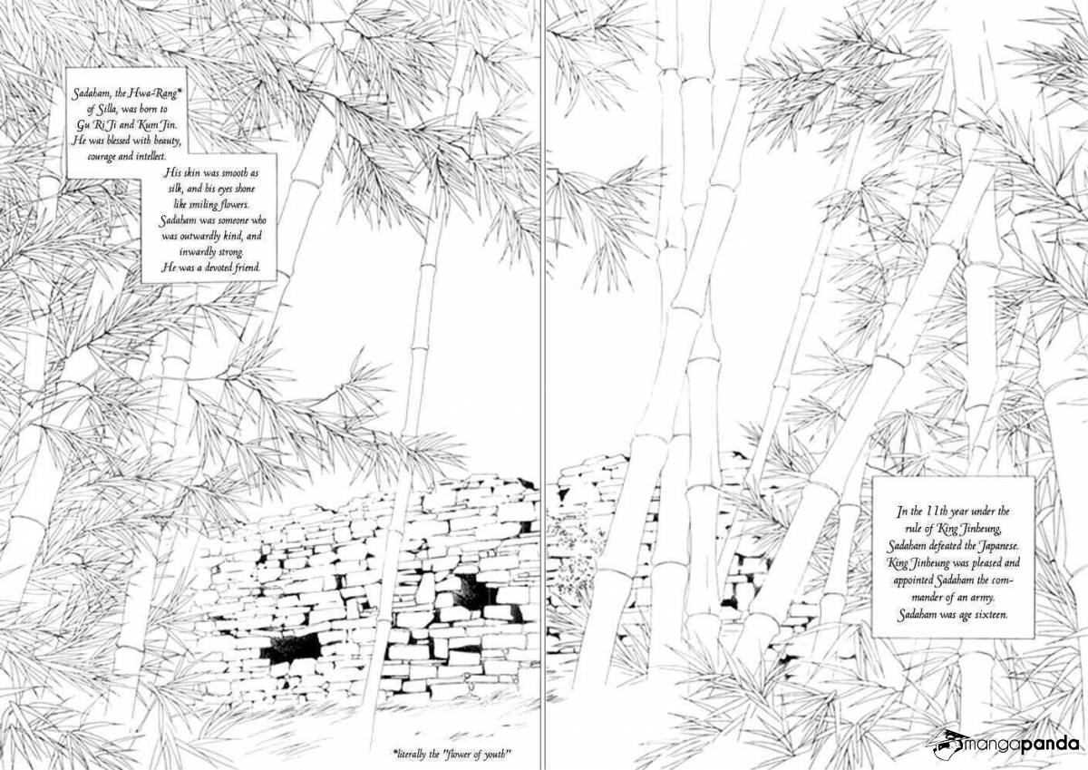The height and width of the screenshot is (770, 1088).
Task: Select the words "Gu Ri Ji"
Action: tap(93, 125)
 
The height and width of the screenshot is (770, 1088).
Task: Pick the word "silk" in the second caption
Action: tap(174, 189)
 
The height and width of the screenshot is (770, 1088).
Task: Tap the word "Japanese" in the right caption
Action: tap(997, 546)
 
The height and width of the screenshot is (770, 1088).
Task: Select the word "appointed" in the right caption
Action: tap(915, 580)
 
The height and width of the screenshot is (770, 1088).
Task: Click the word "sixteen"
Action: tap(990, 615)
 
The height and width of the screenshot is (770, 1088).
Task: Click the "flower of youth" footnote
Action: tap(452, 754)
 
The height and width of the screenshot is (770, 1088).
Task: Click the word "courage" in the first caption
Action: tap(102, 157)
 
